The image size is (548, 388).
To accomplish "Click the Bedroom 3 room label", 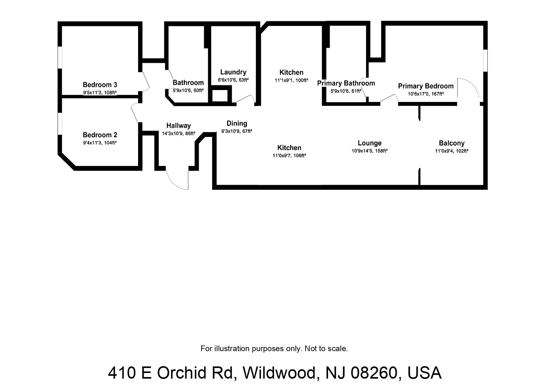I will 100,85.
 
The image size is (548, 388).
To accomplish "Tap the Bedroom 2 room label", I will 100,135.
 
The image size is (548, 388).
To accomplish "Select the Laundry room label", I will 233,73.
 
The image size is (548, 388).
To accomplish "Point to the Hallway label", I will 178,126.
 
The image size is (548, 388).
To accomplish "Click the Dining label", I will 237,123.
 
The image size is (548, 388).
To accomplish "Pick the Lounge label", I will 369,143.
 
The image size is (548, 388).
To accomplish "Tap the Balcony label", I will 451,143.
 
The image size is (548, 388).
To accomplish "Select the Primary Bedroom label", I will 426,86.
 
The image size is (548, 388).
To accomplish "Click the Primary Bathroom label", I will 346,83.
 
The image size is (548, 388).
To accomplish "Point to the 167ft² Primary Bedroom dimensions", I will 426,94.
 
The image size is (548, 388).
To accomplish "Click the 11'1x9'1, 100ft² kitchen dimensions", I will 291,80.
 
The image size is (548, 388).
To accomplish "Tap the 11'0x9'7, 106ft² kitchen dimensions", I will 289,155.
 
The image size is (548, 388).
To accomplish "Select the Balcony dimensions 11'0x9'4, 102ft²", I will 451,151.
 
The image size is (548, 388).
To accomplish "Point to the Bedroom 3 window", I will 60,57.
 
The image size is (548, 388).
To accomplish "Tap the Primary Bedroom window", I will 485,60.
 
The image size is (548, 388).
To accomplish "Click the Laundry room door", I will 245,98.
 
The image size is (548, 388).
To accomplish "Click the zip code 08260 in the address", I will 374,373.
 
